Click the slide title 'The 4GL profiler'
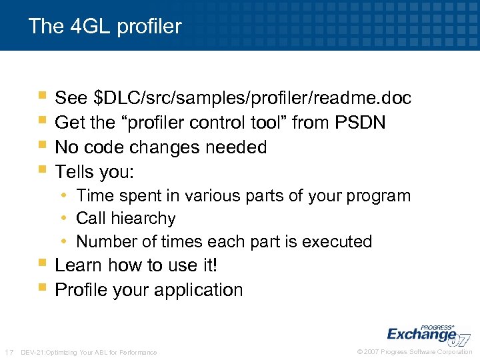click(105, 27)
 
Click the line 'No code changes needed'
click(161, 147)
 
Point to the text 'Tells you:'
click(95, 172)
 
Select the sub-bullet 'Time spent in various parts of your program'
click(243, 196)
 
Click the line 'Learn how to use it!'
click(136, 265)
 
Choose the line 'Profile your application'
click(149, 290)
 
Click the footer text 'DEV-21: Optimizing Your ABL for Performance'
click(89, 352)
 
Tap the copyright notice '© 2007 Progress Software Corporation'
click(415, 352)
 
